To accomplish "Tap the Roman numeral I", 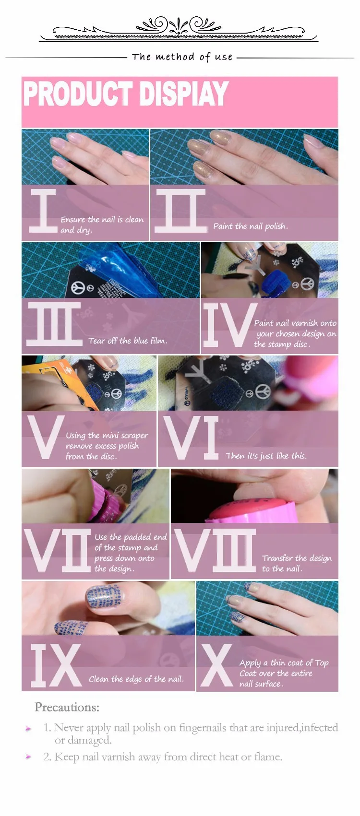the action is pos(43,211).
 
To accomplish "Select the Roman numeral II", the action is pos(181,211).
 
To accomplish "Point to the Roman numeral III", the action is pos(54,324).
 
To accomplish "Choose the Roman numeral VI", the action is pos(191,438).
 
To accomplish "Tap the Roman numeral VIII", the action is pos(215,550).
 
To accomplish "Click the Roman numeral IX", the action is pos(56,665).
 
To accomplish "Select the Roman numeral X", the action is pos(216,665).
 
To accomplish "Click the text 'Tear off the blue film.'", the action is pos(128,341).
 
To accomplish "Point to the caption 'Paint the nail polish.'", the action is pos(251,226).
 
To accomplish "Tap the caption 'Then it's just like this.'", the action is pos(266,455).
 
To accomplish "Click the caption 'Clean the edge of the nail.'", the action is pos(136,679).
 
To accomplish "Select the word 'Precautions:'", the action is pos(67,707).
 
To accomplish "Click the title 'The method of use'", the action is pos(182,57).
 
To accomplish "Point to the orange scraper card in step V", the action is pos(55,382).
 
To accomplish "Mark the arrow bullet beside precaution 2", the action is pos(28,757).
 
